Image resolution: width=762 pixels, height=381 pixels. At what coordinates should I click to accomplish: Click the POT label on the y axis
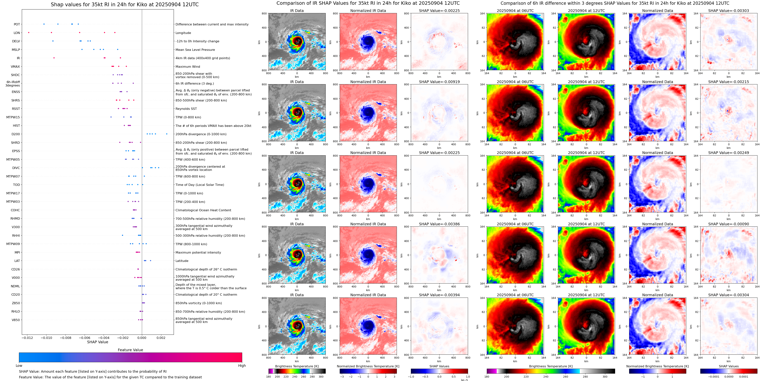point(17,24)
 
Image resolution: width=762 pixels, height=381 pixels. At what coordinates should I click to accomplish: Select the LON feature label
point(17,33)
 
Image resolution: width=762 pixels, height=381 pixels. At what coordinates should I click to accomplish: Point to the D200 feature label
point(16,134)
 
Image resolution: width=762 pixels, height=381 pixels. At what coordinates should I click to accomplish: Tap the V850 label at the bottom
point(16,320)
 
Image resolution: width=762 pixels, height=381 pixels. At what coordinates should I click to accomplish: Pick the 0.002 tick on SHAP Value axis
point(161,338)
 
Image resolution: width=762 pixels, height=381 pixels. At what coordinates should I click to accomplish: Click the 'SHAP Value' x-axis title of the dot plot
point(98,342)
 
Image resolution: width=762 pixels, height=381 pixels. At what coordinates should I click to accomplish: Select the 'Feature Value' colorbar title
point(130,350)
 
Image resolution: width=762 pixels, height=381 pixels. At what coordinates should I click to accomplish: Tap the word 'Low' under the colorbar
point(19,366)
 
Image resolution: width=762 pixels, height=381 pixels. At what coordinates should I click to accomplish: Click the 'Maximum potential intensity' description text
point(198,252)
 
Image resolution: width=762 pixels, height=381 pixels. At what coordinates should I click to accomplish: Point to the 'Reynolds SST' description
point(186,109)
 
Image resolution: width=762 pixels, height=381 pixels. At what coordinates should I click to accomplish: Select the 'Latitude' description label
point(182,261)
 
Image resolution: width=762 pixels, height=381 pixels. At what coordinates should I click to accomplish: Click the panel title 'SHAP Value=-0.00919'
point(439,82)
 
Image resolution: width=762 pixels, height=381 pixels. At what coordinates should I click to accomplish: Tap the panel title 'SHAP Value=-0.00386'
point(439,224)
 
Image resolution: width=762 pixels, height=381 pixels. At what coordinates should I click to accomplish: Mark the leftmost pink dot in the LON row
point(29,32)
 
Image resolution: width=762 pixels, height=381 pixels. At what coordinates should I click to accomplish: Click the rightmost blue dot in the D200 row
point(167,134)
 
